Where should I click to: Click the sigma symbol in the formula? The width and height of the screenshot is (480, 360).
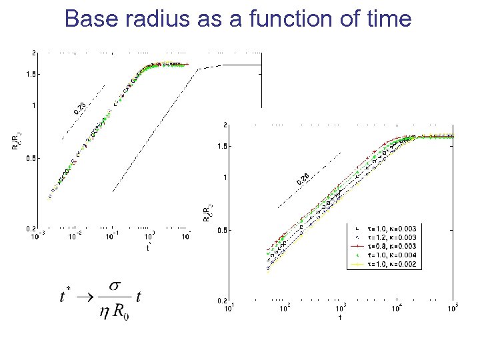114,285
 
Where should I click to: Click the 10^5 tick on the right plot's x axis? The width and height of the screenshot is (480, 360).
453,307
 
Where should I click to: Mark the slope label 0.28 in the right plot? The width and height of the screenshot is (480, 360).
303,178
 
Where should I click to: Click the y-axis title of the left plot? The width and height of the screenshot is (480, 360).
18,141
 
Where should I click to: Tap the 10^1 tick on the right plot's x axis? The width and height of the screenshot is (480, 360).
228,307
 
